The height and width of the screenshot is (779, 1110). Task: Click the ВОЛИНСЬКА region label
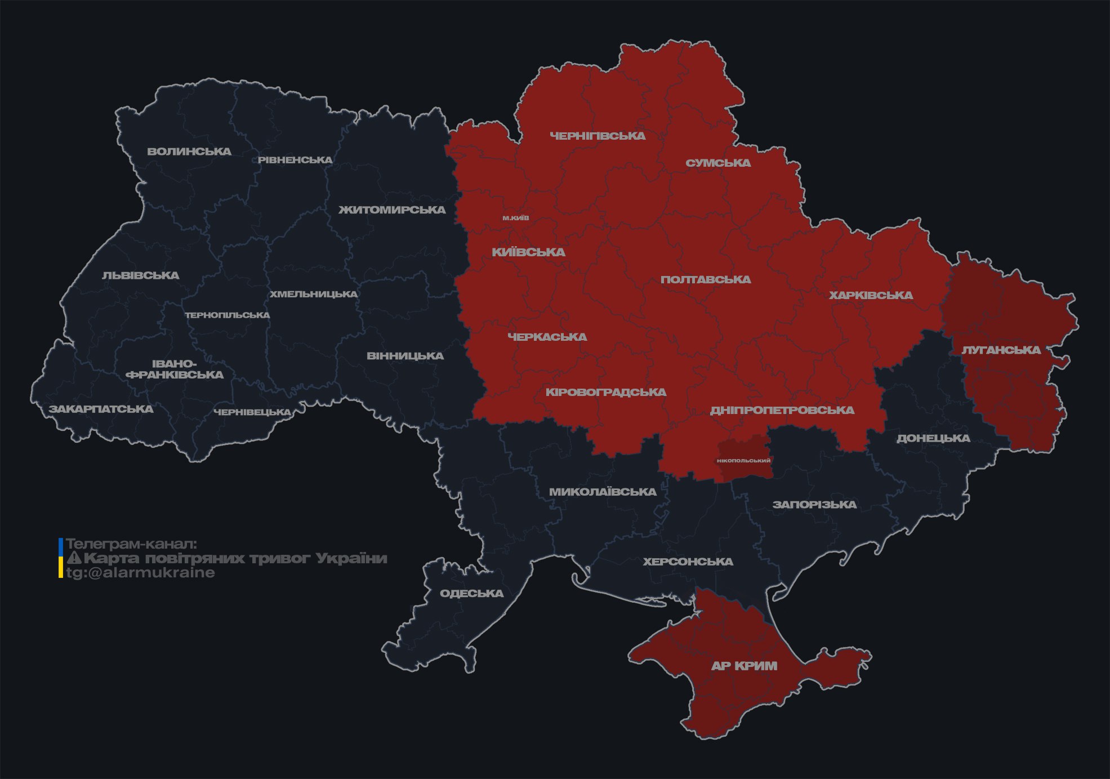189,152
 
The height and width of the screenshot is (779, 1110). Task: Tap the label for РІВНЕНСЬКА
295,160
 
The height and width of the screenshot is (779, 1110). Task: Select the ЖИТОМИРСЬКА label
392,210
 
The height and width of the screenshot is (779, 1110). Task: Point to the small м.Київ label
516,218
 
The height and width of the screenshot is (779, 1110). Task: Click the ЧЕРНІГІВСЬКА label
598,136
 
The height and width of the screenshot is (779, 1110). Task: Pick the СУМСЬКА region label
718,163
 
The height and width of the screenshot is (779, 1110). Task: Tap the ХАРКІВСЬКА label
871,295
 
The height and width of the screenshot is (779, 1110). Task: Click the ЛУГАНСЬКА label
1001,350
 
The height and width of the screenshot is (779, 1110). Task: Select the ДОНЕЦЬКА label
933,438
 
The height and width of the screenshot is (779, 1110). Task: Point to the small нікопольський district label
743,461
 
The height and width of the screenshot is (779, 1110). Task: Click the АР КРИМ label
744,666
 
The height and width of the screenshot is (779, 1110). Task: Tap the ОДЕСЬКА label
471,593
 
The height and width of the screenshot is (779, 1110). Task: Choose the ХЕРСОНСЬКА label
688,562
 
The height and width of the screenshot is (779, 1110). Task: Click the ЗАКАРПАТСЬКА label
101,409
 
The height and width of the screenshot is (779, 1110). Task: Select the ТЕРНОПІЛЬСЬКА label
228,315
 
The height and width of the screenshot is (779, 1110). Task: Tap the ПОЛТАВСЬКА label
705,279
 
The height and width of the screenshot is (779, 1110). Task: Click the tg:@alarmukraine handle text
140,573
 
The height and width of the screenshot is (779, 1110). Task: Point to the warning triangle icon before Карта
74,558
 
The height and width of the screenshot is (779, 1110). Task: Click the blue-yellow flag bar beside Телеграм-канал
61,558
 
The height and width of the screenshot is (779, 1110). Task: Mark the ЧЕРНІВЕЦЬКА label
252,412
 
